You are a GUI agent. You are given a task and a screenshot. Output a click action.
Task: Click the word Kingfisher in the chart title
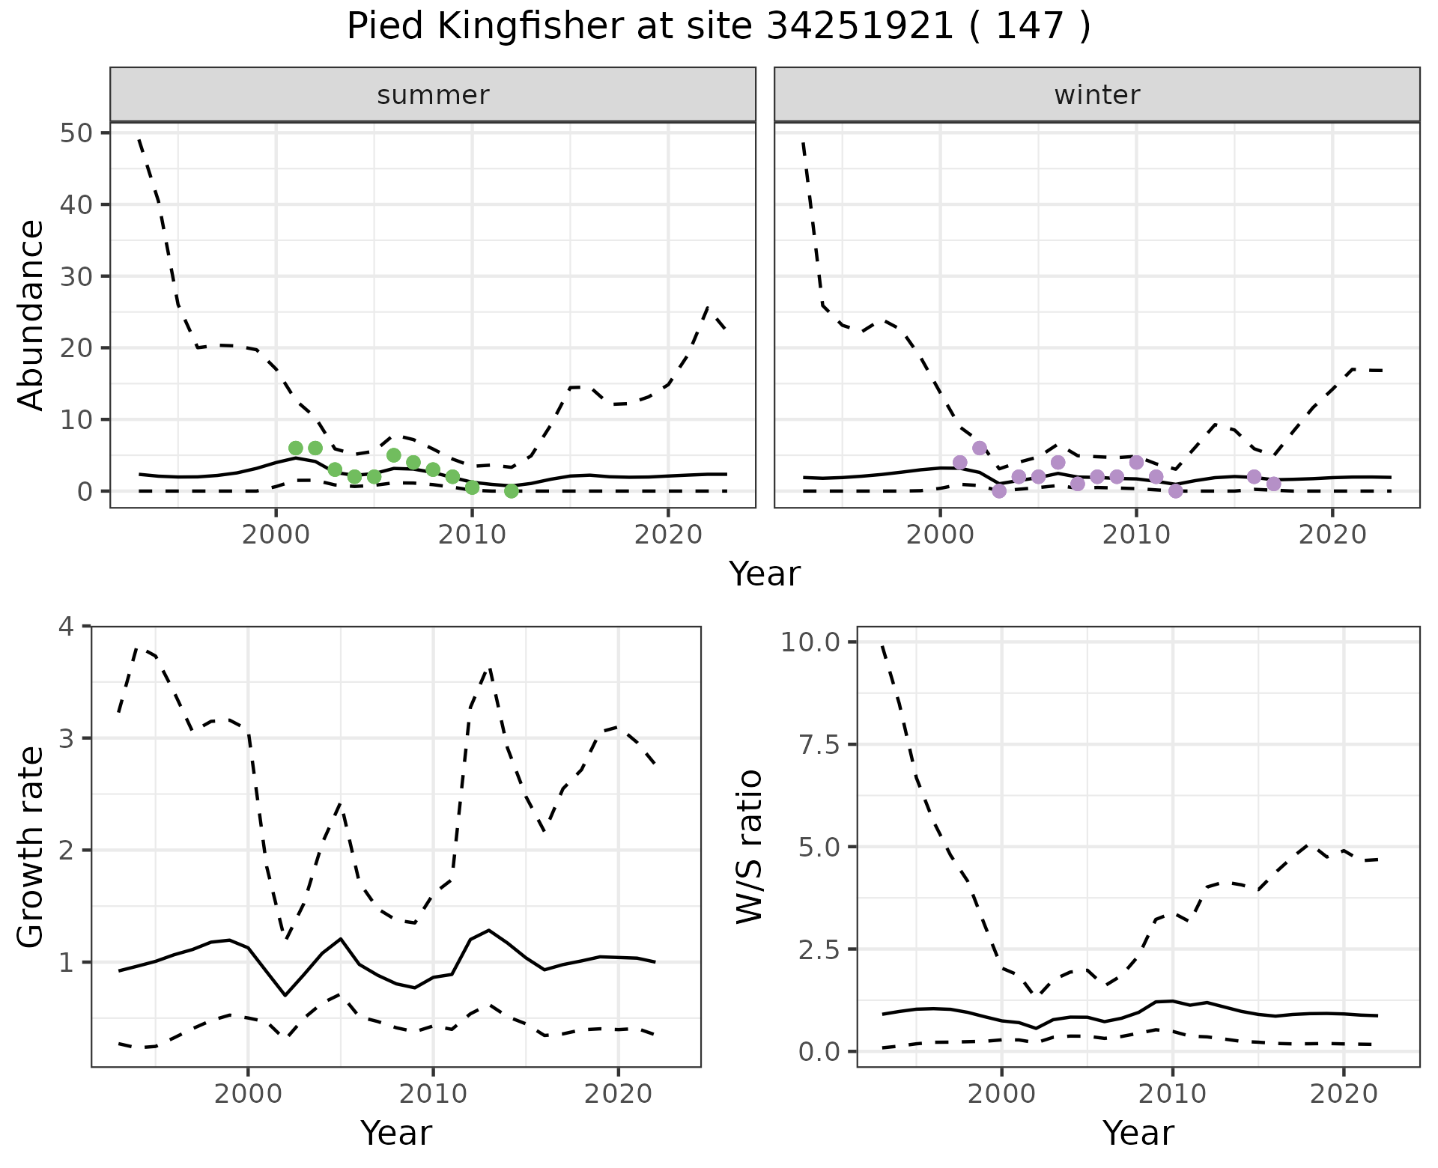(x=529, y=28)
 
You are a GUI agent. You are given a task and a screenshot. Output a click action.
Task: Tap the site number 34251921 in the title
(x=860, y=28)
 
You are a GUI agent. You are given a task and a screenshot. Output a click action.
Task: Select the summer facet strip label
(x=433, y=95)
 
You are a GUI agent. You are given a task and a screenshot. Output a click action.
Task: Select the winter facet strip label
(x=1096, y=95)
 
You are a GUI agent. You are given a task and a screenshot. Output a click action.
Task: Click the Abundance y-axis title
(x=31, y=314)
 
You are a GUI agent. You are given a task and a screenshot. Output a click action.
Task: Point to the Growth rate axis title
(x=31, y=847)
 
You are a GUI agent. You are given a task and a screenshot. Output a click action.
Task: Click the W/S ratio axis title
(x=749, y=847)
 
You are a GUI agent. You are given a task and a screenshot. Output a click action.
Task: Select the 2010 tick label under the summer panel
(x=472, y=535)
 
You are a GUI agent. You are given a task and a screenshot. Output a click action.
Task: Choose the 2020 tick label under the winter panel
(x=1332, y=535)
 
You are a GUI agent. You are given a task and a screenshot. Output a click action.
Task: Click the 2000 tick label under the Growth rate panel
(x=248, y=1094)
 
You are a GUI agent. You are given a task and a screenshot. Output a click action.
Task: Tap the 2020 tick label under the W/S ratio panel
(x=1344, y=1094)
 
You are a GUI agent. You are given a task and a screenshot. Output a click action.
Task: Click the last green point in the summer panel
(x=512, y=491)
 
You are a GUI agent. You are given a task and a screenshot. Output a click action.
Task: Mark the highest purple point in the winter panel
(x=980, y=448)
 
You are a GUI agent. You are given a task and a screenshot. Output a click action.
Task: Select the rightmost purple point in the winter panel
(x=1274, y=484)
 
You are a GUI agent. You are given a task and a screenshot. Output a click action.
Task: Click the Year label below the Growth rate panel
(x=396, y=1133)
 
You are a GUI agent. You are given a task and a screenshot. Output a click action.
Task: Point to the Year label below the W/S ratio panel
(x=1138, y=1133)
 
